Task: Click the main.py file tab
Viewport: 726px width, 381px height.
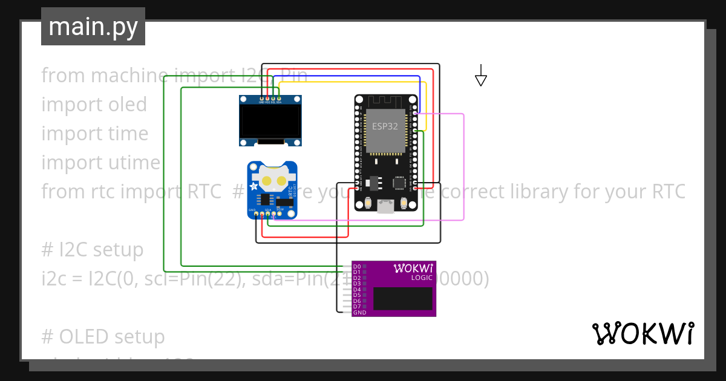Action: point(93,27)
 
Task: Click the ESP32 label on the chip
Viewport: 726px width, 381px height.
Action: point(385,126)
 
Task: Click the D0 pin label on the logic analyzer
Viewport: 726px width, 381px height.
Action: point(357,267)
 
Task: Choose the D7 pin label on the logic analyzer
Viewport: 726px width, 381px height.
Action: point(357,307)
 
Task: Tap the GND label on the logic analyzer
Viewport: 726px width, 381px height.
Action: point(359,313)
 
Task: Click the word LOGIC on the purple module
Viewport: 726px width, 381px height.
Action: point(422,278)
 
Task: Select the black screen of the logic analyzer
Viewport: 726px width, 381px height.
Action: point(402,299)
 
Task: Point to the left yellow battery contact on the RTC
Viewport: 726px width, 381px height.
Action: point(266,180)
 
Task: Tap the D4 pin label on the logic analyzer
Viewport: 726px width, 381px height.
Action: point(357,290)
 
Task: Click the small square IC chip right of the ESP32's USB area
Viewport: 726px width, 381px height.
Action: point(399,182)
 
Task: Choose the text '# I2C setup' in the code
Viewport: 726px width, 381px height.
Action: point(93,250)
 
